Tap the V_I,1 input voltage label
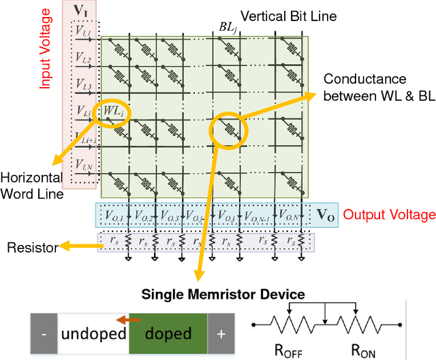83,31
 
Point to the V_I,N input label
83,164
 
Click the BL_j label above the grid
227,27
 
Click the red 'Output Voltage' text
389,215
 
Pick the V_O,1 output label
114,216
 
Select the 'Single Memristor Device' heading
223,294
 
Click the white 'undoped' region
94,333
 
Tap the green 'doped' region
169,333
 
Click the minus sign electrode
44,333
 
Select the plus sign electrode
221,333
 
